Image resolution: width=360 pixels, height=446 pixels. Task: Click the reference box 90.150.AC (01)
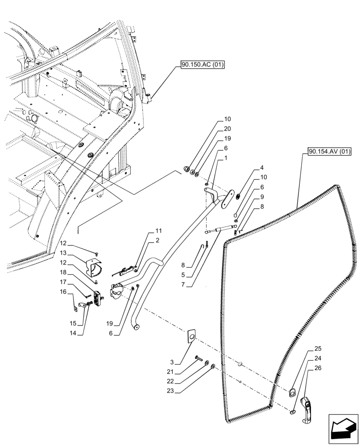(x=202, y=66)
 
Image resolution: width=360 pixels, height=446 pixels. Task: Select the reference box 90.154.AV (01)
(x=329, y=152)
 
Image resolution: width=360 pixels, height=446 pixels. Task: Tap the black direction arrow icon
(x=343, y=429)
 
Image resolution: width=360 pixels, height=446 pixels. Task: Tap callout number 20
(x=227, y=128)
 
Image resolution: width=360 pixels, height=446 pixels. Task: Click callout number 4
(x=262, y=168)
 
